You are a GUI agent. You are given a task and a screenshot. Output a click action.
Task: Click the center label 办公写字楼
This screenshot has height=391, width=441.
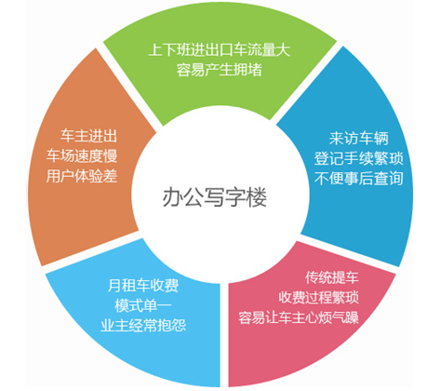click(x=215, y=197)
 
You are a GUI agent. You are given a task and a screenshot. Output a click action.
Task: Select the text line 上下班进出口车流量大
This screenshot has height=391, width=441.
click(x=220, y=50)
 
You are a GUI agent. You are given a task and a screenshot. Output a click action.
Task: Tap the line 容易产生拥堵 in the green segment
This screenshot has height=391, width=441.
click(x=220, y=70)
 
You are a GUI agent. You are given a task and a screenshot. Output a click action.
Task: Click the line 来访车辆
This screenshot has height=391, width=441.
click(x=359, y=139)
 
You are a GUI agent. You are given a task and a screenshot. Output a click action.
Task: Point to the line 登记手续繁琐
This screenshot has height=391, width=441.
click(x=359, y=158)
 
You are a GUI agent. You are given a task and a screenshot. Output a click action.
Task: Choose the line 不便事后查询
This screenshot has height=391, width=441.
click(x=359, y=178)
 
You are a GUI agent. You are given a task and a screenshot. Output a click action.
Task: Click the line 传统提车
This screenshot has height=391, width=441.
click(x=332, y=277)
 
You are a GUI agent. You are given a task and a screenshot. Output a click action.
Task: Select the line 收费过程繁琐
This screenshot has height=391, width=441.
click(x=318, y=297)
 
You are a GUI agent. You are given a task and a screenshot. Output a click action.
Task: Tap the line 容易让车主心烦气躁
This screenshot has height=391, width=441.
click(x=299, y=317)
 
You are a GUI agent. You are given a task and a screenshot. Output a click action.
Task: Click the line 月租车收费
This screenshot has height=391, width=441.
click(x=143, y=285)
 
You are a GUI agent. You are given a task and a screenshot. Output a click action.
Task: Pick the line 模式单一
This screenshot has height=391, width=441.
click(x=143, y=305)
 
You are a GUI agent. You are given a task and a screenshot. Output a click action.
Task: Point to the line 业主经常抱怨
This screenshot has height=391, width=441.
click(x=143, y=326)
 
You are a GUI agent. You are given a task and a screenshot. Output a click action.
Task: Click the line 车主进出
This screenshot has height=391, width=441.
click(x=88, y=136)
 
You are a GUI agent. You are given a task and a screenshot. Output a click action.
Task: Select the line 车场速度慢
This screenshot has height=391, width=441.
click(x=82, y=155)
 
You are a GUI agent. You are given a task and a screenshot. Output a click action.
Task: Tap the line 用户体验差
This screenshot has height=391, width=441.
click(x=82, y=176)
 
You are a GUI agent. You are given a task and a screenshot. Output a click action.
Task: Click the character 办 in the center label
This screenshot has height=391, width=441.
click(x=173, y=197)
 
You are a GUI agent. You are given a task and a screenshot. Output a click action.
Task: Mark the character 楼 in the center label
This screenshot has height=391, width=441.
click(x=257, y=197)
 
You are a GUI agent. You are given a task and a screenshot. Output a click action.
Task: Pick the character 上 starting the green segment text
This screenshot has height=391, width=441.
click(x=155, y=50)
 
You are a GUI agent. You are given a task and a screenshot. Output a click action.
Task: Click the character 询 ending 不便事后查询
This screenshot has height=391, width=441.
click(x=396, y=178)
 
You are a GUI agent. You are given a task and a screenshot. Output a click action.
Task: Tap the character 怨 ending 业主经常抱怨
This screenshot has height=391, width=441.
click(x=179, y=326)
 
